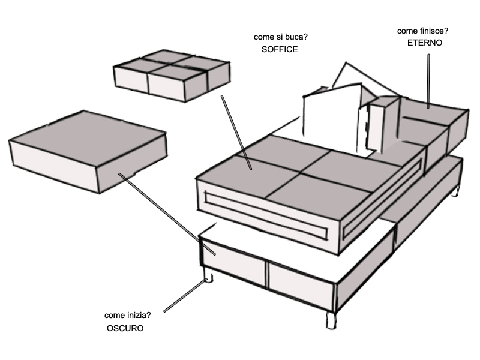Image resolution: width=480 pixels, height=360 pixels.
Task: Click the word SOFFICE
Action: [280, 50]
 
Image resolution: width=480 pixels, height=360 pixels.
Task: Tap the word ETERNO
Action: [424, 43]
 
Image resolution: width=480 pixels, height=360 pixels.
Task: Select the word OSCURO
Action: [125, 328]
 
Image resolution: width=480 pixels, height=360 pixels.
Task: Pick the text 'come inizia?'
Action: [127, 316]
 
